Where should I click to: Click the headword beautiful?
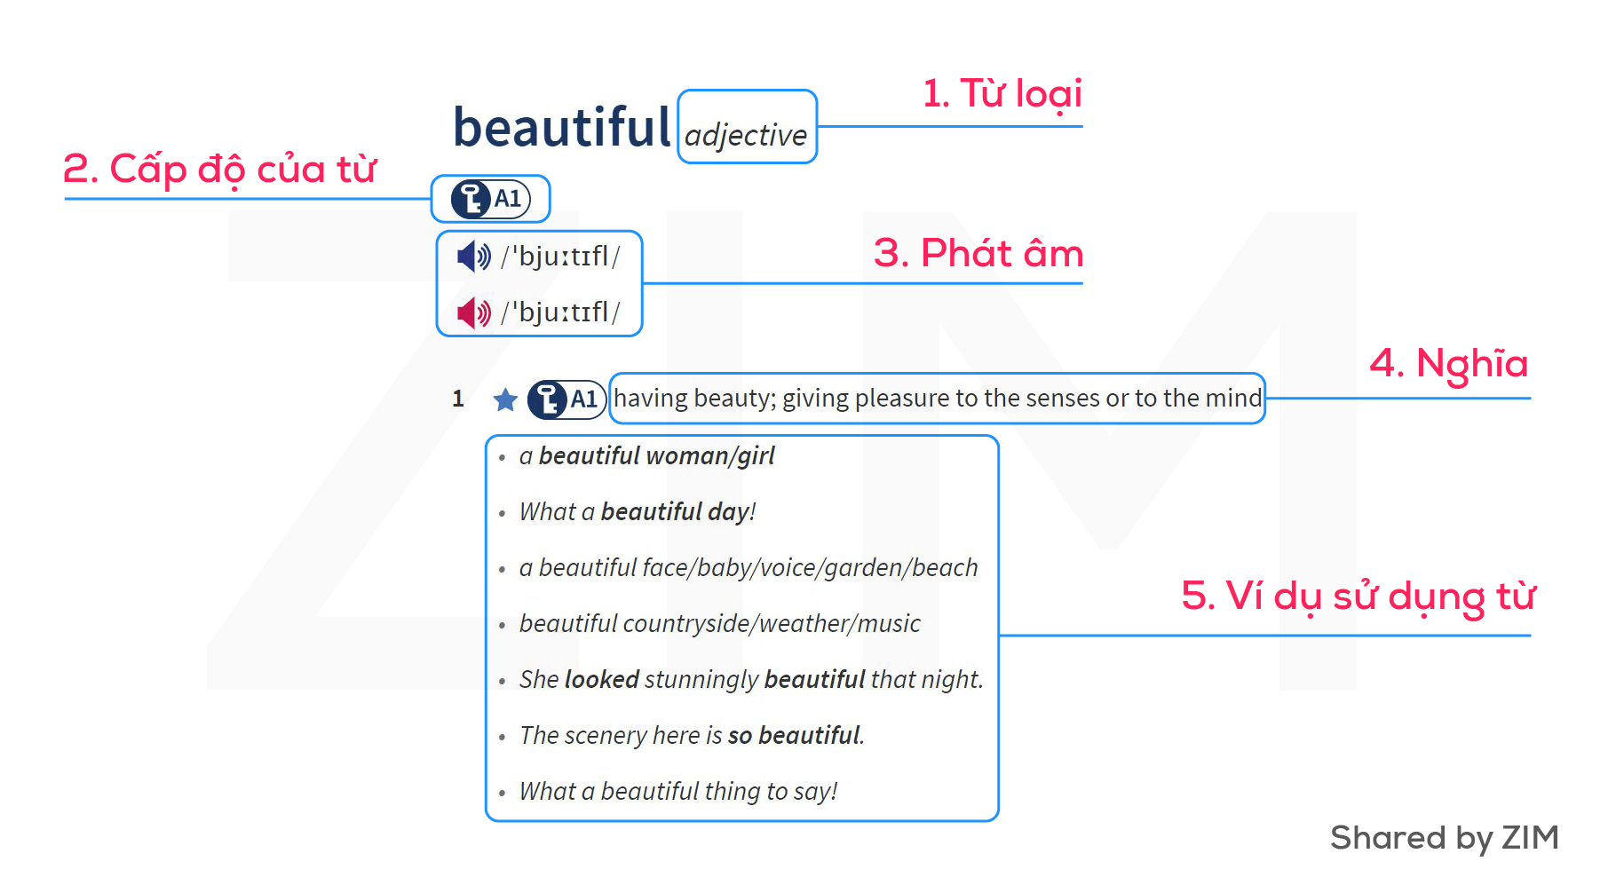[x=561, y=127]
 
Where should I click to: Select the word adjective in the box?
[x=746, y=136]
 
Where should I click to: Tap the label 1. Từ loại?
[x=1002, y=94]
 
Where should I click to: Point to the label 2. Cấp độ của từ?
[x=220, y=169]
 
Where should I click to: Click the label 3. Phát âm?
[x=978, y=253]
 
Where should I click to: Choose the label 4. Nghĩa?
[x=1449, y=364]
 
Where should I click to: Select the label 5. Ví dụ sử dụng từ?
[x=1358, y=596]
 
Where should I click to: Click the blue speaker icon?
[x=473, y=257]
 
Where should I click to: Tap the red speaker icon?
[x=473, y=312]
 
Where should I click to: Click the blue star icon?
[x=505, y=399]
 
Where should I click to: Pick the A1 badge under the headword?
[x=491, y=199]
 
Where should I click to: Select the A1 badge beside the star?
[x=566, y=399]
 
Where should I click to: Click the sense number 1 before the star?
[x=458, y=399]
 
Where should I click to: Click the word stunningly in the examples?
[x=701, y=680]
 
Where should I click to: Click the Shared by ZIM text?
[x=1445, y=838]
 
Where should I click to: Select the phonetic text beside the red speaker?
[x=560, y=312]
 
